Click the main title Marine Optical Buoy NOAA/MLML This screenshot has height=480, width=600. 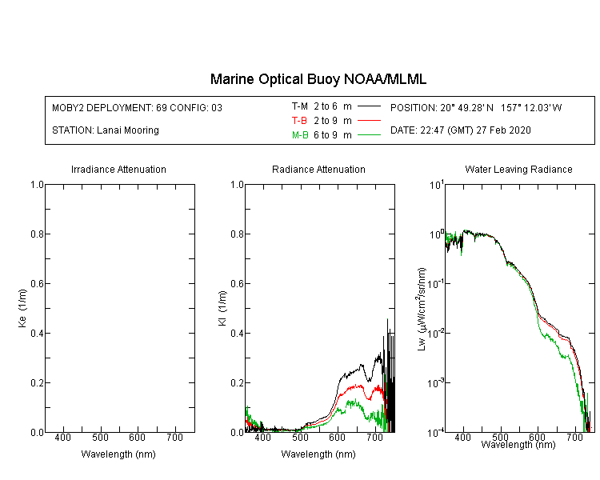point(318,79)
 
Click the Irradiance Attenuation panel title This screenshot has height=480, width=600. point(118,170)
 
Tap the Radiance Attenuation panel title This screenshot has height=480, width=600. point(318,170)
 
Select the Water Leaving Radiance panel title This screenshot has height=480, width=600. point(518,170)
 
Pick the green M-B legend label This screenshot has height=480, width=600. point(300,135)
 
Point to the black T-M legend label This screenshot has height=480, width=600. point(300,106)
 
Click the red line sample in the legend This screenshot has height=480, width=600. point(368,121)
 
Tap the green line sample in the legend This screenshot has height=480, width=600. point(368,135)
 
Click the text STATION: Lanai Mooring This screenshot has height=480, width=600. point(105,130)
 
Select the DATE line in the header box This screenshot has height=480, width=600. point(461,130)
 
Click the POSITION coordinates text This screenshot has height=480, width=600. point(476,107)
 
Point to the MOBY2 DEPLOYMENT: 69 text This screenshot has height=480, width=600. point(111,107)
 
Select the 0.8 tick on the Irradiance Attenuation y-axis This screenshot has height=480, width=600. point(36,234)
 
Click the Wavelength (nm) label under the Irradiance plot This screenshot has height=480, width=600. point(118,454)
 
